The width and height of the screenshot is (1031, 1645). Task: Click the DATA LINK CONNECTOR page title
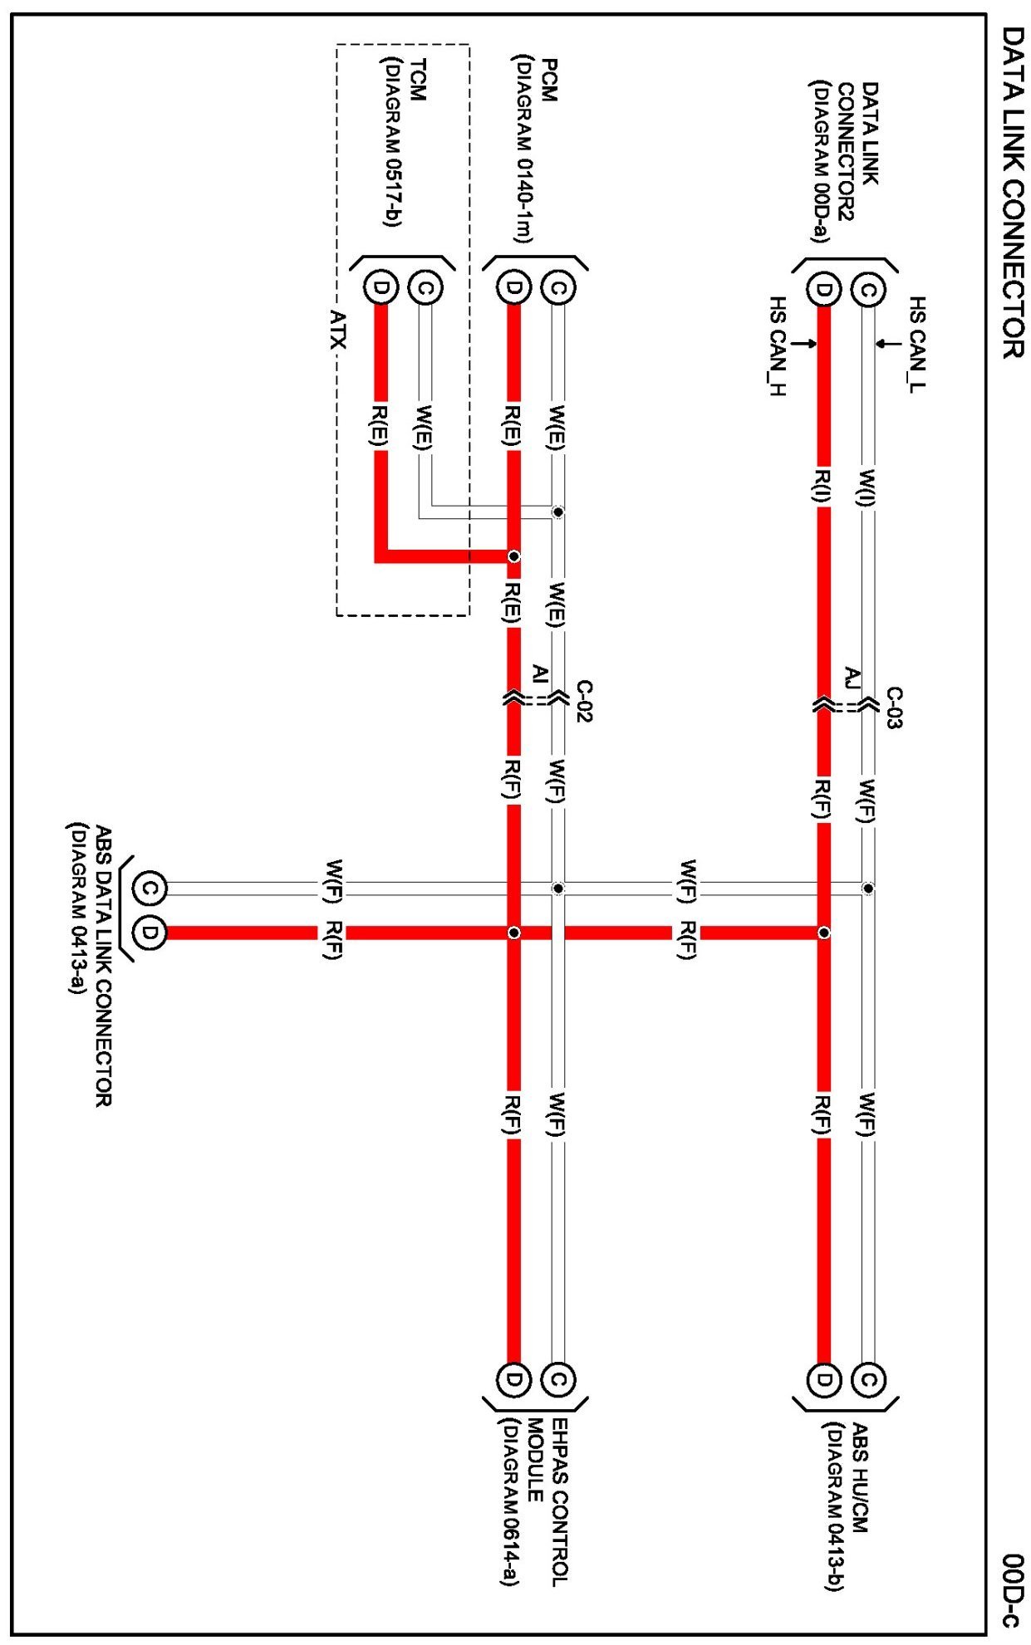pos(1011,192)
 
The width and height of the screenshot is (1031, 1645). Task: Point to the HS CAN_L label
pos(918,344)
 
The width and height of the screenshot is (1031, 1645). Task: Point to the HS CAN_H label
pos(777,345)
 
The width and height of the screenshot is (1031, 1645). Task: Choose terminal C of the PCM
pos(557,288)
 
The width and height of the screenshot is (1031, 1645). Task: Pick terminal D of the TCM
pos(380,288)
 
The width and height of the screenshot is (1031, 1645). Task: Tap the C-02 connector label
pos(584,701)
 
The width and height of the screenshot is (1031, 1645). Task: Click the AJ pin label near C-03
pos(851,678)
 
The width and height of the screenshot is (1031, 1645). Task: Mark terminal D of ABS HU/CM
pos(823,1379)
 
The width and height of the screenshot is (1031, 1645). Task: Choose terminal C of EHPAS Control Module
pos(557,1379)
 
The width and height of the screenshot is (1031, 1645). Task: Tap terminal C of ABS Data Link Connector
pos(150,888)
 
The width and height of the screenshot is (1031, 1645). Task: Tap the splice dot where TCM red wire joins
pos(514,556)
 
